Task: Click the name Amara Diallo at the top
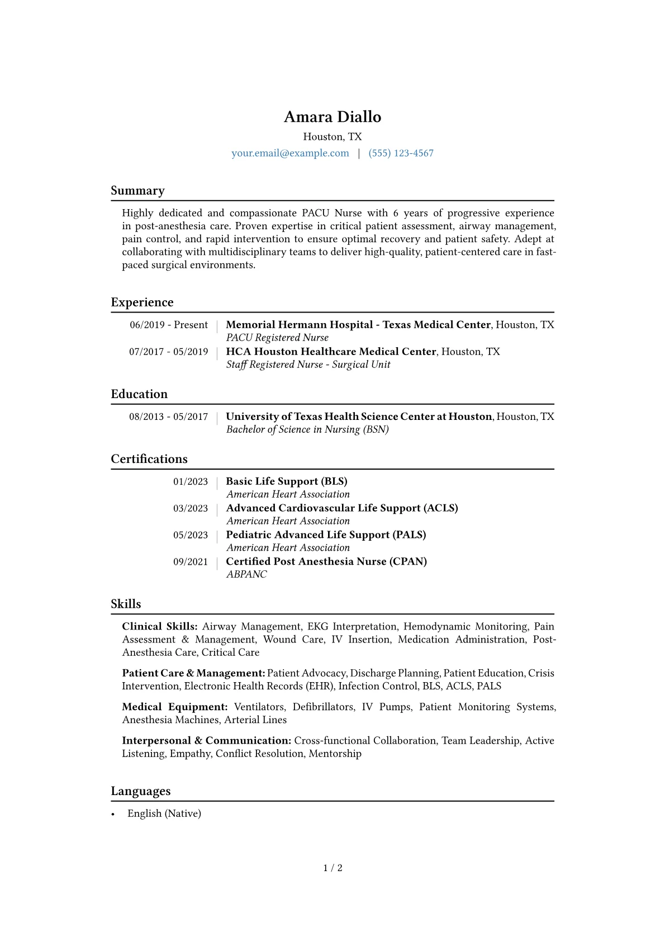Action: tap(332, 117)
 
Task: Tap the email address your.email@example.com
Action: tap(290, 153)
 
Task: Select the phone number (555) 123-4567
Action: tap(401, 153)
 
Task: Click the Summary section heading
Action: tap(137, 191)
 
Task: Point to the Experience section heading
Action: tap(142, 302)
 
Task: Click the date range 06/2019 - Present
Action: tap(169, 325)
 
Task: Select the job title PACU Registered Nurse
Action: tap(277, 338)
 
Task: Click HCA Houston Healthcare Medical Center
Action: tap(331, 352)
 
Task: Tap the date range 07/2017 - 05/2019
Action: tap(168, 352)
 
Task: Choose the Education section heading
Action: tap(139, 394)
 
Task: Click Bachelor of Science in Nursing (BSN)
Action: tap(307, 429)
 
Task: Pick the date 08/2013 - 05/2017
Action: tap(168, 417)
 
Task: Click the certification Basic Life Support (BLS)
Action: tap(287, 481)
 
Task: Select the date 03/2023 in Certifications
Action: tap(190, 508)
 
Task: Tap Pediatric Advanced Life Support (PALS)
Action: tap(326, 535)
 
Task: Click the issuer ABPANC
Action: tap(246, 574)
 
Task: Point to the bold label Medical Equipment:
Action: tap(175, 707)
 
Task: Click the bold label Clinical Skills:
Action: tap(160, 627)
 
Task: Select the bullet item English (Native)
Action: tap(164, 814)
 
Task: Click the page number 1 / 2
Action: tap(332, 868)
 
